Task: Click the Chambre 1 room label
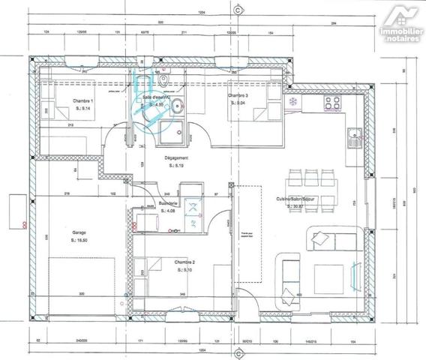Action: click(82, 100)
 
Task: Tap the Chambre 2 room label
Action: click(184, 261)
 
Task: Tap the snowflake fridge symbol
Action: click(292, 100)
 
